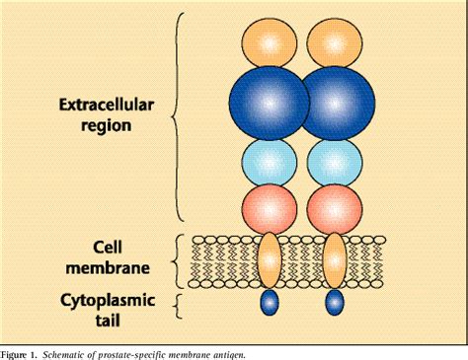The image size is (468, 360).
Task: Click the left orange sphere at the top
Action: [268, 42]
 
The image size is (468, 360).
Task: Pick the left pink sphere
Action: [269, 209]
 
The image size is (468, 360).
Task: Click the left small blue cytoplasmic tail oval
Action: [269, 303]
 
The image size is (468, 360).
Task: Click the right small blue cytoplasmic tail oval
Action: [335, 303]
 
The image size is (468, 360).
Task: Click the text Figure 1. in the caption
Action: [24, 352]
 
